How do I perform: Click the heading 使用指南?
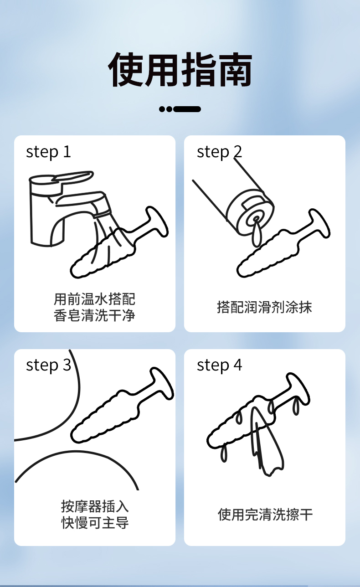[x=180, y=69]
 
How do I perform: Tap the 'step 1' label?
[x=48, y=152]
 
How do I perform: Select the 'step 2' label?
[x=219, y=152]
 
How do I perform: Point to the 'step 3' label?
[x=48, y=366]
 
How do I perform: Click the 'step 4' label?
[x=219, y=366]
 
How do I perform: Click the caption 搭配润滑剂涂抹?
[x=265, y=307]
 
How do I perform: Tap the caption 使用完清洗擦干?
[x=265, y=515]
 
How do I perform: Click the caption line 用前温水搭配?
[x=94, y=299]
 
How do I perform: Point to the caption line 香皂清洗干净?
[x=94, y=315]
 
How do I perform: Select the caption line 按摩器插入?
[x=95, y=506]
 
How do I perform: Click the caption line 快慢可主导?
[x=95, y=523]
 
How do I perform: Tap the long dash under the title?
[x=187, y=109]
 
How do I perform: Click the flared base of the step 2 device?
[x=319, y=224]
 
